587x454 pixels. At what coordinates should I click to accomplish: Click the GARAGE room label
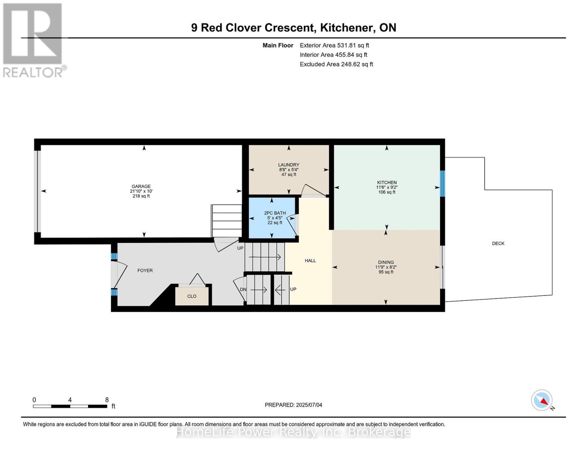141,186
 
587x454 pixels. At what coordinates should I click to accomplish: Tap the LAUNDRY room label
288,165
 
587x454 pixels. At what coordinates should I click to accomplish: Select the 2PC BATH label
275,213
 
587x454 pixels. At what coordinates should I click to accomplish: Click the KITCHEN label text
387,182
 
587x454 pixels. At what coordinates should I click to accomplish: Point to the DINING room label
386,262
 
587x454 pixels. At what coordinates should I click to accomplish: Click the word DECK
498,243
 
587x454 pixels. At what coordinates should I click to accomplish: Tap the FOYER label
145,271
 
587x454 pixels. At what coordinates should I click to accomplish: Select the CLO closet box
192,296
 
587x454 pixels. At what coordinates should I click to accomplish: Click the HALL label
310,260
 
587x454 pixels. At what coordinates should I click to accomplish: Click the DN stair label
243,289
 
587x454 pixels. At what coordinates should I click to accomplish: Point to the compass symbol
542,400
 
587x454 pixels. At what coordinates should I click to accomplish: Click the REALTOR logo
33,40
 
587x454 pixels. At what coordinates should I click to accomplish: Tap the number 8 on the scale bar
107,400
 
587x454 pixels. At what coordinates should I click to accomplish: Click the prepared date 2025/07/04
309,405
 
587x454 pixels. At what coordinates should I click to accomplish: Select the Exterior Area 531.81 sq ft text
334,45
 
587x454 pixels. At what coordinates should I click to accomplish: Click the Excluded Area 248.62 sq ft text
336,64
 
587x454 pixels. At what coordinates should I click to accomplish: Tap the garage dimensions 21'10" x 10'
141,191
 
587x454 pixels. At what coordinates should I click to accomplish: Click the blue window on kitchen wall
442,183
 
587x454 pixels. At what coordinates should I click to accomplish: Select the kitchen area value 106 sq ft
387,192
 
